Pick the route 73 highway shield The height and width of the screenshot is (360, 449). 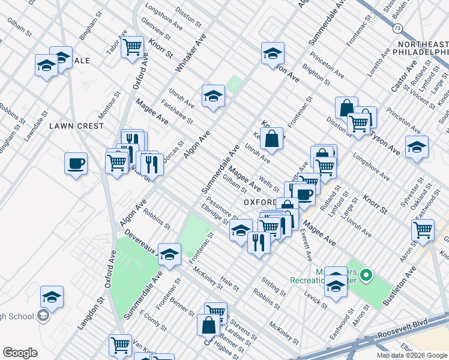(397, 28)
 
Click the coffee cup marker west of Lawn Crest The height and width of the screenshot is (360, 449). (76, 164)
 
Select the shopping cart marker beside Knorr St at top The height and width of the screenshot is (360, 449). (132, 47)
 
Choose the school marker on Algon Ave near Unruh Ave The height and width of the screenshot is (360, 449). (212, 97)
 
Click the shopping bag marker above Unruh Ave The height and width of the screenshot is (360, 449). (272, 139)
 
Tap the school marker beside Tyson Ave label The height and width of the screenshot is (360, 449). (417, 147)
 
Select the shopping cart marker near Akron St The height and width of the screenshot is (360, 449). (423, 229)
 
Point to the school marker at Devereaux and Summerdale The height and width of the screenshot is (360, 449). (170, 254)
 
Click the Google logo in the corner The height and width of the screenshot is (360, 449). (20, 353)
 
